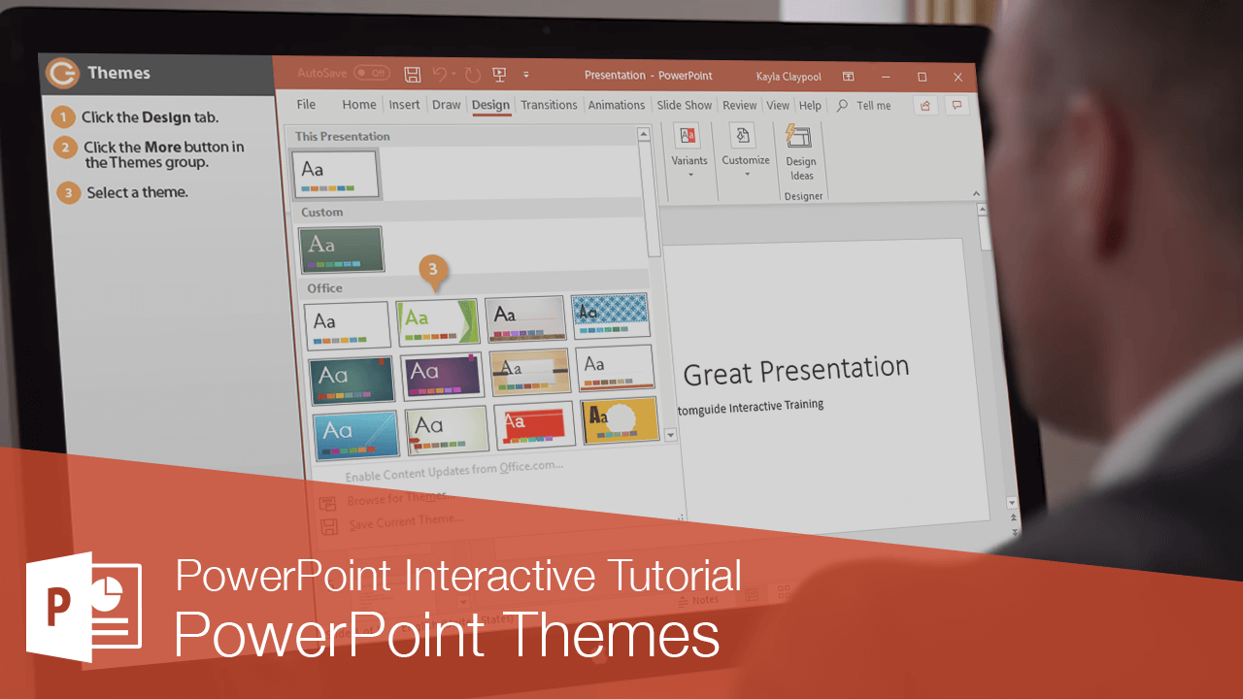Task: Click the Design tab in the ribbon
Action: (490, 105)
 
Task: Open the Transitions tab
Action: (549, 105)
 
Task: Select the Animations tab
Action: (617, 105)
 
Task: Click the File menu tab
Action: (306, 104)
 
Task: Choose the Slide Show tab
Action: (684, 105)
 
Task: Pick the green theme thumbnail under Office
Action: (437, 321)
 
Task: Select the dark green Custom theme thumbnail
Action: (340, 250)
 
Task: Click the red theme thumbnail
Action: (534, 425)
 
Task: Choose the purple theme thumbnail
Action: (442, 375)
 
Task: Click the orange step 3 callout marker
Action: (434, 270)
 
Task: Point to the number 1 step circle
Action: (63, 117)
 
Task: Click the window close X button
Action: (957, 77)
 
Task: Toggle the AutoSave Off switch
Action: (371, 73)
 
